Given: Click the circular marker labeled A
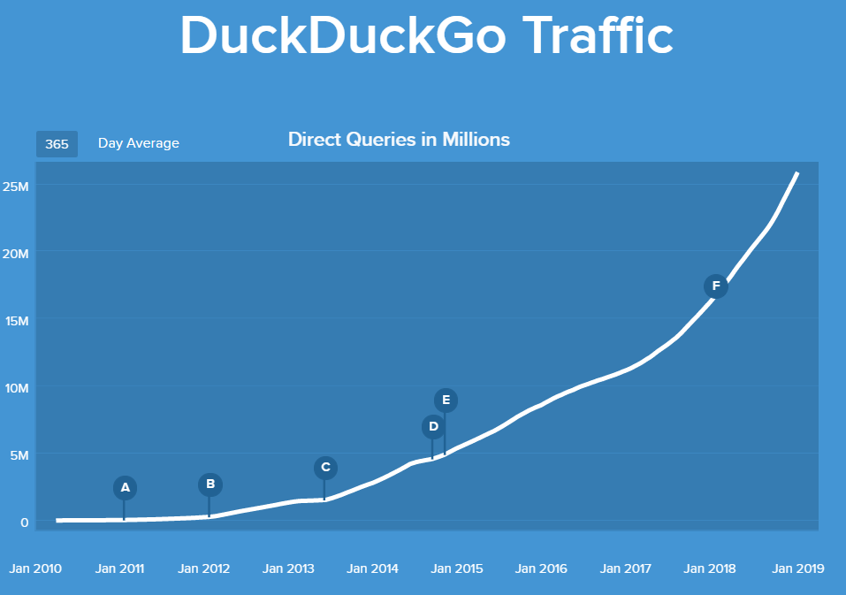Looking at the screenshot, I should (125, 487).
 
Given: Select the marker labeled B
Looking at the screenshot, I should (210, 484).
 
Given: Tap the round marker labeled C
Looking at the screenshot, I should (325, 467).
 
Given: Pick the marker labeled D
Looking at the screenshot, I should (433, 427).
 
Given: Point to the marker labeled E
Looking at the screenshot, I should (446, 400).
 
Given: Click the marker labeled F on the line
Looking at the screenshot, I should (715, 286).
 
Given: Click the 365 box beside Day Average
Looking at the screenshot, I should (57, 143).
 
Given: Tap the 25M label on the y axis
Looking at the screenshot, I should (16, 187).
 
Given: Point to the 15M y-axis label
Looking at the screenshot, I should (16, 320).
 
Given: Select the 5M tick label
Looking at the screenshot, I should (19, 454).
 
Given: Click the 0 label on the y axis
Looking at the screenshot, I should (25, 522).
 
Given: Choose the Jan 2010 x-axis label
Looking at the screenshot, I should (35, 568).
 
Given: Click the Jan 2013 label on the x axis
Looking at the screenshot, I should (288, 568).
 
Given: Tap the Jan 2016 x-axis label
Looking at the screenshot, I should (541, 568).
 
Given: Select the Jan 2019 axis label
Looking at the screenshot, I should (797, 568).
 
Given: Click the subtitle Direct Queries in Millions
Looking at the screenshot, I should (399, 140).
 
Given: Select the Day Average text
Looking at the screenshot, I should (138, 143).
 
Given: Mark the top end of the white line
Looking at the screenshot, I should (797, 173).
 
